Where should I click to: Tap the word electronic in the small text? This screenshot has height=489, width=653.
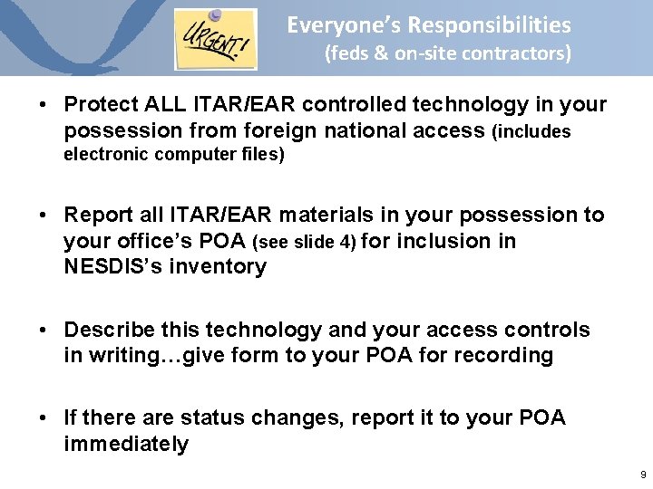click(x=107, y=154)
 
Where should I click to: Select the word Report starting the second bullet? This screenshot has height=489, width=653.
click(x=94, y=215)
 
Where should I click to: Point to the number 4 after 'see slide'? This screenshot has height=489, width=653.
click(x=351, y=241)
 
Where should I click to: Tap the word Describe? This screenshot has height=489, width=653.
click(x=107, y=330)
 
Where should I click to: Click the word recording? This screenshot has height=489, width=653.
click(x=505, y=355)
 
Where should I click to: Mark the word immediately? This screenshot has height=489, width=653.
click(x=126, y=444)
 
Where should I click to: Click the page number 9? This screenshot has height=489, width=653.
click(x=642, y=475)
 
